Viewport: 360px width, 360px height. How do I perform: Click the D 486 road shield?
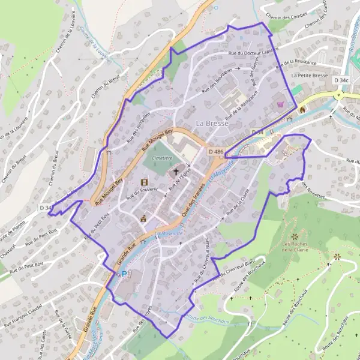[x=216, y=152]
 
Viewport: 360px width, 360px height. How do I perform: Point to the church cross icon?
[x=176, y=172]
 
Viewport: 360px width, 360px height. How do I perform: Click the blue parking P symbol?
[x=125, y=274]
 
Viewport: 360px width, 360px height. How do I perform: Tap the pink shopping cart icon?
[x=280, y=104]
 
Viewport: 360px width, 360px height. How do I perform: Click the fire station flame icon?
[x=302, y=109]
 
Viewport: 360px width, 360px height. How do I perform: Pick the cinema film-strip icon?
[x=143, y=182]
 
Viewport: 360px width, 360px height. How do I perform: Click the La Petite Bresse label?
[x=310, y=76]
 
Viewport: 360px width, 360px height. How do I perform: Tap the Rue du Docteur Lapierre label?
[x=254, y=53]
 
